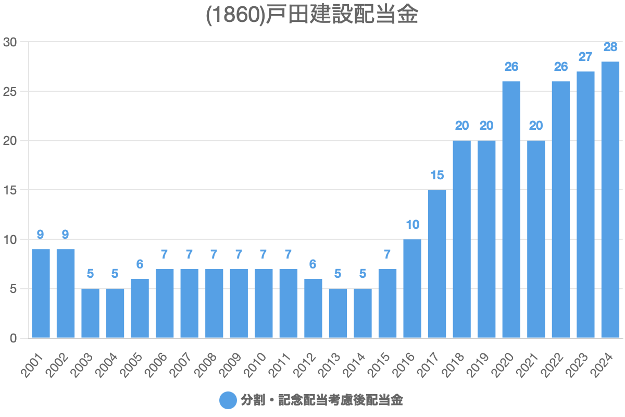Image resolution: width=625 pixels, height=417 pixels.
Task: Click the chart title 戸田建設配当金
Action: point(312,15)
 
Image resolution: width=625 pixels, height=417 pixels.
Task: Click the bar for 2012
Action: point(313,308)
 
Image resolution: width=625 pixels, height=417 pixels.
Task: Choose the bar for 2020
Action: point(511,210)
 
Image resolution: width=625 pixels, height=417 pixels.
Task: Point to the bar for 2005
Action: point(140,308)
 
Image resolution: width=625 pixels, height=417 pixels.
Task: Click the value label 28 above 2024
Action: point(610,47)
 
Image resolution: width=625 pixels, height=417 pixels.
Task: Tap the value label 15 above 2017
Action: point(437,175)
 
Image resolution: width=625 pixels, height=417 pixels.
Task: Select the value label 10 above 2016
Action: point(413,225)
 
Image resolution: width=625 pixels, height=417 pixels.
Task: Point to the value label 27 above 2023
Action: point(585,57)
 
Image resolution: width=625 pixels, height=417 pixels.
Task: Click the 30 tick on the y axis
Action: point(10,42)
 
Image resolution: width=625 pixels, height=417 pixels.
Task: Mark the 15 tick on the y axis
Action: point(10,190)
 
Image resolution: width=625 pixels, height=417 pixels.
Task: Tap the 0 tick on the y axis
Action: point(14,338)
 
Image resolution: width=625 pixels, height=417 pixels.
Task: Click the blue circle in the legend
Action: point(228,400)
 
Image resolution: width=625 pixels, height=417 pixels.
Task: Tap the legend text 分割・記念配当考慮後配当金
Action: point(321,400)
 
